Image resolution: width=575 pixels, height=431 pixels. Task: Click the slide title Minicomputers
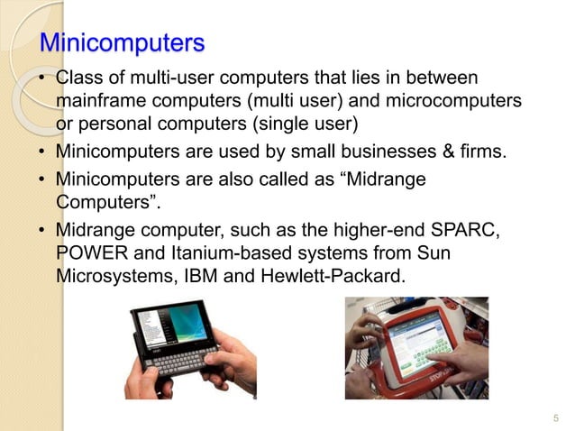tap(123, 42)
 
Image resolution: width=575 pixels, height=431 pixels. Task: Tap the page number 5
tap(555, 417)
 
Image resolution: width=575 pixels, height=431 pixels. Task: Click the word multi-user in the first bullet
tap(147, 78)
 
